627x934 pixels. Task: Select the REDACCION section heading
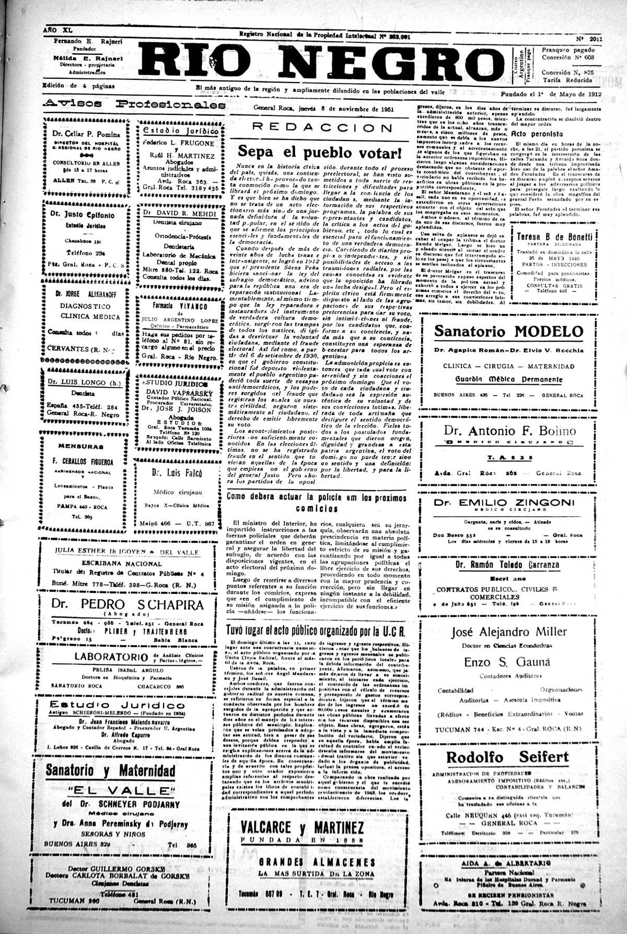(321, 128)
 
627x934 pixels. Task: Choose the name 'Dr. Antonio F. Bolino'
(509, 430)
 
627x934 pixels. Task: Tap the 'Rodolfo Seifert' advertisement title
(507, 757)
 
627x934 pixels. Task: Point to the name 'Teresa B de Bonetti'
(554, 236)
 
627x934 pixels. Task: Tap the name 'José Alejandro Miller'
(508, 632)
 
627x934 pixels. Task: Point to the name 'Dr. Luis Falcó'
(177, 473)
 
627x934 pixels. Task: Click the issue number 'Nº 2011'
(589, 39)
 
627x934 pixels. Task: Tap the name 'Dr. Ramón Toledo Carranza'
(507, 565)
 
